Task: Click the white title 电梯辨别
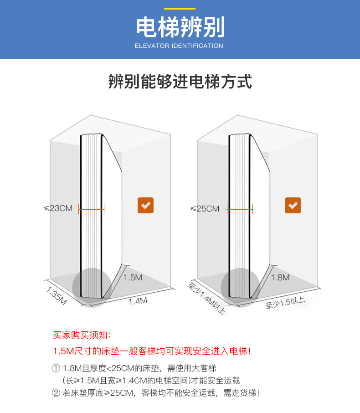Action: pyautogui.click(x=180, y=27)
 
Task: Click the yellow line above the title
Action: pyautogui.click(x=180, y=8)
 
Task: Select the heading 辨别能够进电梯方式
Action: pyautogui.click(x=180, y=82)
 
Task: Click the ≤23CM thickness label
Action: pyautogui.click(x=58, y=208)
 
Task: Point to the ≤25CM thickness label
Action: pyautogui.click(x=205, y=209)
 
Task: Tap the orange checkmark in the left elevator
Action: pyautogui.click(x=146, y=206)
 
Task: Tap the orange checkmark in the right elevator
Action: pyautogui.click(x=293, y=206)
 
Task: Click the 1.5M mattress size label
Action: pyautogui.click(x=133, y=277)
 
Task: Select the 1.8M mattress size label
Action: pyautogui.click(x=280, y=277)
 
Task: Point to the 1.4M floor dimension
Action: pyautogui.click(x=138, y=301)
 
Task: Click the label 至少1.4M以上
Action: pyautogui.click(x=206, y=299)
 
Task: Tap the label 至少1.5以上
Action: pyautogui.click(x=285, y=302)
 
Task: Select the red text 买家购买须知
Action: pyautogui.click(x=81, y=335)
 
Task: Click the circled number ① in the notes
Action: pyautogui.click(x=56, y=368)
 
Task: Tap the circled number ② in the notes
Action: pyautogui.click(x=56, y=392)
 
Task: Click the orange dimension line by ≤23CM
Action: pyautogui.click(x=92, y=209)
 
